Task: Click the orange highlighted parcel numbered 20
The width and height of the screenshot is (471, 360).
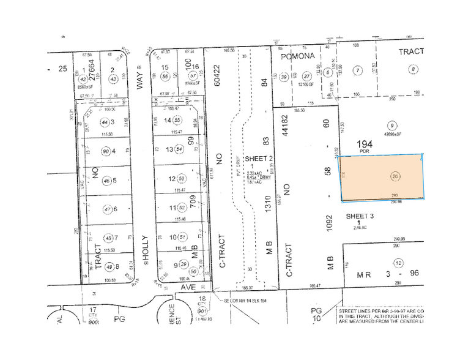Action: point(382,176)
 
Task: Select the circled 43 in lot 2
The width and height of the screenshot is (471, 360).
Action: point(113,79)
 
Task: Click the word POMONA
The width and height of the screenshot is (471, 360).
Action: point(297,56)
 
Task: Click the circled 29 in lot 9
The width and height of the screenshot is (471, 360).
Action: point(185,264)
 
